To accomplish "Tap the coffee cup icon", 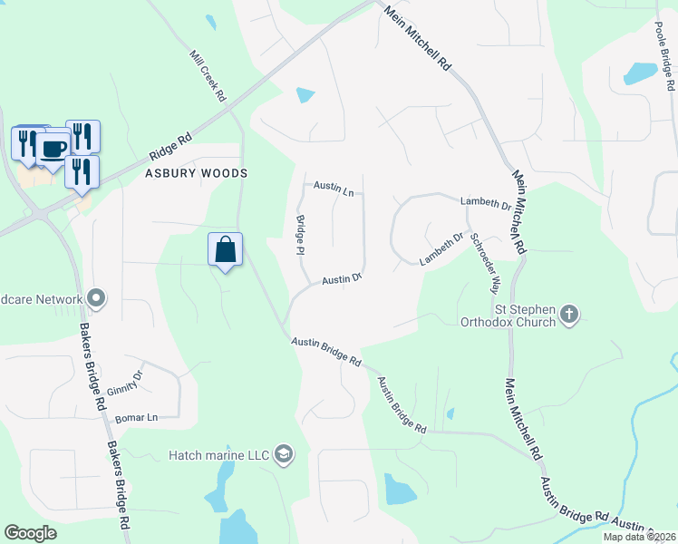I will [x=52, y=148].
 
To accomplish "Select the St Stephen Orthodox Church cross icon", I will [x=568, y=314].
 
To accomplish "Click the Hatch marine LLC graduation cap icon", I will [x=284, y=454].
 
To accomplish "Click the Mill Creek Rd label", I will [x=208, y=74].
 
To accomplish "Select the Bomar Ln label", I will [x=136, y=418].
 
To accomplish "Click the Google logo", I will [x=30, y=533].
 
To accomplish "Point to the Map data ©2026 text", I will [x=638, y=537].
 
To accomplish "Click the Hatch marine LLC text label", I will [x=218, y=454].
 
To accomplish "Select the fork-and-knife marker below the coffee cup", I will [x=82, y=170].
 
